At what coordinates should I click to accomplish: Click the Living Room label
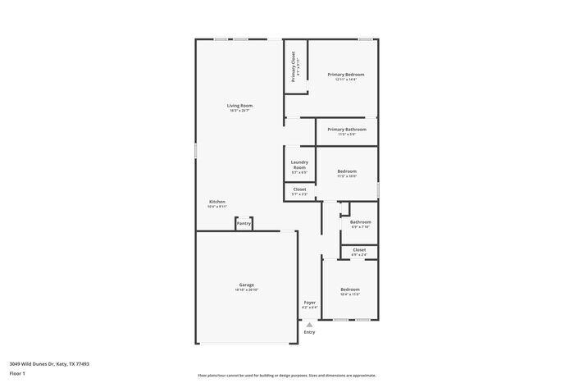239,106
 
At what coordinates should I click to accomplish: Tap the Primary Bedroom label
346,75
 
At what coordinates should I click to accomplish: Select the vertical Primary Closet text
294,66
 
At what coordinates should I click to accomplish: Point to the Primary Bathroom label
346,130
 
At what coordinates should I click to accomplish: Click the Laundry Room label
299,165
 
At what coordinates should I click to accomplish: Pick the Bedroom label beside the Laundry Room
347,171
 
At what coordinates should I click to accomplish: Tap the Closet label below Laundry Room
299,189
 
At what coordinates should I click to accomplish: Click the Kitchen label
217,202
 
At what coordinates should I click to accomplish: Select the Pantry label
244,223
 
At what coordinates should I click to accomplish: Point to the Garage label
247,285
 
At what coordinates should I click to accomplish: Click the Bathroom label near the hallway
361,222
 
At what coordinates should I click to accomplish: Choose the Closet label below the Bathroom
359,249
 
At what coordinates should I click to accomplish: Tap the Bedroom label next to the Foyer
350,290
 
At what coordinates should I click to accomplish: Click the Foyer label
309,303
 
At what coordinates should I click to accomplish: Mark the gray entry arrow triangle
309,324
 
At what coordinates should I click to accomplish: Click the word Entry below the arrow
309,332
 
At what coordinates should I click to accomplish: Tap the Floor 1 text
18,373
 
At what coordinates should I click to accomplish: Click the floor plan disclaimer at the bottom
286,373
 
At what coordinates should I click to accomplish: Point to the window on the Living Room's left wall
195,151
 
